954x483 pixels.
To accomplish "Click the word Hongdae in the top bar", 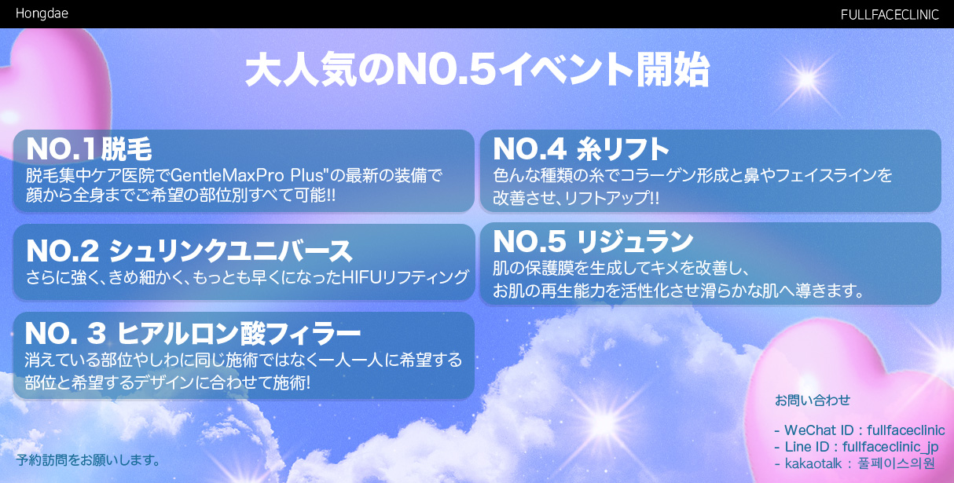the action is click(42, 13).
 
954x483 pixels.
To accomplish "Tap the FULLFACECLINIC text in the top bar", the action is click(890, 15).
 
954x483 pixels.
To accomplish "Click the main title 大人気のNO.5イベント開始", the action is click(477, 70).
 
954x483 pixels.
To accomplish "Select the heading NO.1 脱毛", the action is click(89, 149).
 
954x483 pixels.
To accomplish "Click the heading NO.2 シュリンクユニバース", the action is click(189, 251).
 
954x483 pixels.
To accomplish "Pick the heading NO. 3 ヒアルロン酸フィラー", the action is click(193, 333).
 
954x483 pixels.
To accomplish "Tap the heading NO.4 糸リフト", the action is click(581, 149).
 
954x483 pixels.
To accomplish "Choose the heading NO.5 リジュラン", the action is click(593, 241).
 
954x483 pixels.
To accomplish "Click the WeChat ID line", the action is click(860, 430).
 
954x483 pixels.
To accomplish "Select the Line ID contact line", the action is click(856, 447).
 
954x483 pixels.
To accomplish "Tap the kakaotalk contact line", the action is click(854, 463).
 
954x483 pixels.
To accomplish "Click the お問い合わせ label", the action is click(813, 400).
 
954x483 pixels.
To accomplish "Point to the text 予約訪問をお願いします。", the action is click(88, 460).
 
